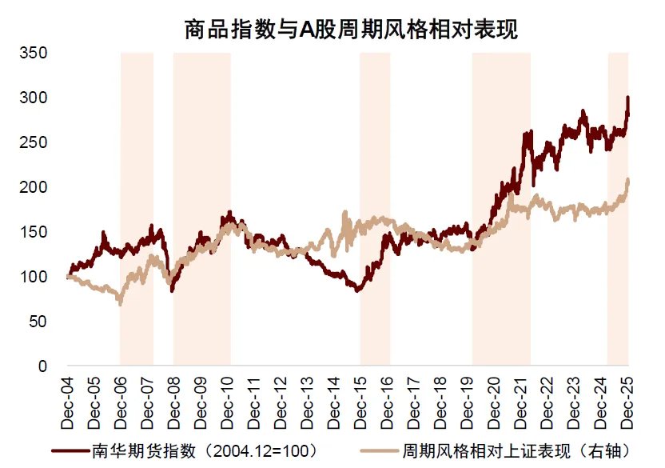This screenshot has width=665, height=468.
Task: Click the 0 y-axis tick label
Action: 44,367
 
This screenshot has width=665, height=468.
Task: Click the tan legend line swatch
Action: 379,450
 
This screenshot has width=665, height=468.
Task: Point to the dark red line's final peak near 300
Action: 627,98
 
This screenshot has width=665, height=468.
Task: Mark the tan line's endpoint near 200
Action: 628,181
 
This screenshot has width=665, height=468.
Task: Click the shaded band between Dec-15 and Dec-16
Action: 375,208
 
